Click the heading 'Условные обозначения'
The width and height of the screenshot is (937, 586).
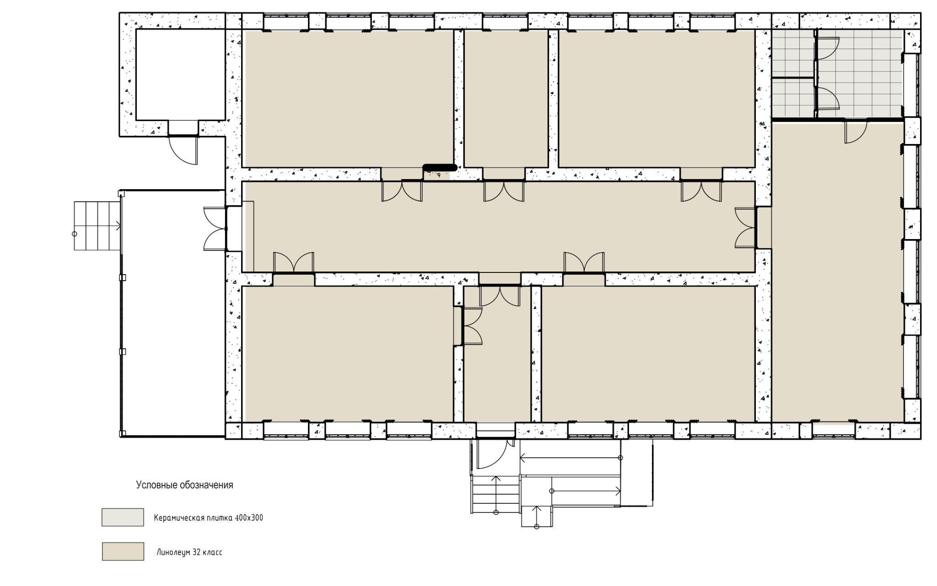point(184,485)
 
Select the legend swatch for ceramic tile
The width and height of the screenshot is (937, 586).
point(123,517)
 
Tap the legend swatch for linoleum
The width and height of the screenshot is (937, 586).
point(123,551)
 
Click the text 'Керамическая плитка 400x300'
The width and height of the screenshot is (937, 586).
point(209,518)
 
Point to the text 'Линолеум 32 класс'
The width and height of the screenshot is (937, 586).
point(189,552)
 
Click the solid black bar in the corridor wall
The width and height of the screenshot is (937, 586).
point(440,168)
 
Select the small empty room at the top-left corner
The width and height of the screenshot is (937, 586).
point(180,75)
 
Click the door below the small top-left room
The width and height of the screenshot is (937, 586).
point(183,149)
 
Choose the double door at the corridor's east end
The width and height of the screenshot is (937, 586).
point(746,228)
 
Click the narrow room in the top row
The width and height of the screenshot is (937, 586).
point(506,99)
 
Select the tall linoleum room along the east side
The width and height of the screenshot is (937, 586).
point(838,271)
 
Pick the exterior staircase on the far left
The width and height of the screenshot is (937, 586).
point(97,226)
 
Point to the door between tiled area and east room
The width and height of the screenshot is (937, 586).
point(856,132)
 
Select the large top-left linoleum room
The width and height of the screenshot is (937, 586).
point(348,99)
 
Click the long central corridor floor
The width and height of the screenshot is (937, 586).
point(498,227)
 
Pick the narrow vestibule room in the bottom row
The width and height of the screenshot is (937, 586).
point(497,354)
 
